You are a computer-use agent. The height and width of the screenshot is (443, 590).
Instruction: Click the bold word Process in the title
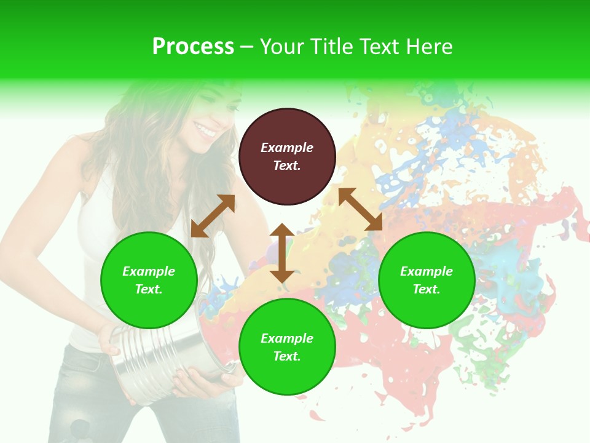pyautogui.click(x=193, y=47)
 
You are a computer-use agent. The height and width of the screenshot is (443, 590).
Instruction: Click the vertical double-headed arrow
pyautogui.click(x=282, y=253)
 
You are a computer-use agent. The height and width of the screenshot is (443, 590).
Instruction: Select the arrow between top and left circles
pyautogui.click(x=213, y=216)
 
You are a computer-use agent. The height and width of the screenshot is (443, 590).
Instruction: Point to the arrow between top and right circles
pyautogui.click(x=360, y=209)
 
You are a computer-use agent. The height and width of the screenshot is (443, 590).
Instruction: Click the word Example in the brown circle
pyautogui.click(x=287, y=148)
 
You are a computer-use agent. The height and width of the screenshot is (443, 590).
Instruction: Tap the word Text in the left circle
pyautogui.click(x=149, y=289)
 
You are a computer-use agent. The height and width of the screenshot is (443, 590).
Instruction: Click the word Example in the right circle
pyautogui.click(x=427, y=271)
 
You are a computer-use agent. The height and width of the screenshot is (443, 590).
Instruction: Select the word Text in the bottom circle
pyautogui.click(x=287, y=356)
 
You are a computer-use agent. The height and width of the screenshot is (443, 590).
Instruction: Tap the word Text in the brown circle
pyautogui.click(x=287, y=166)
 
